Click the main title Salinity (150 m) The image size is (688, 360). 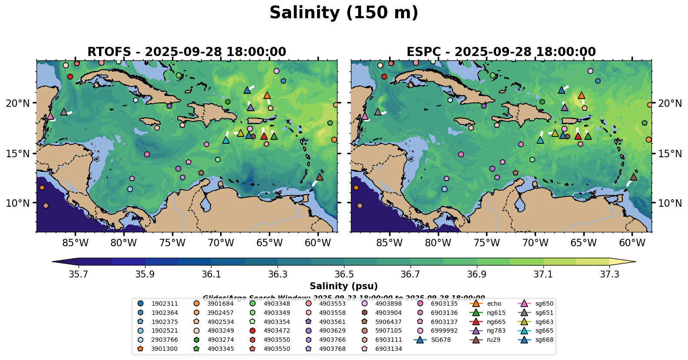(x=344, y=13)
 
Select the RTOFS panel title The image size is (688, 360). (x=187, y=52)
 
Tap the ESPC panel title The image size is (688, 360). (x=501, y=52)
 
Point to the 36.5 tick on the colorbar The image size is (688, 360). (x=344, y=274)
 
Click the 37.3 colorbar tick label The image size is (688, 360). (x=609, y=274)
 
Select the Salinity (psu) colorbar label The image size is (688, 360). (x=344, y=286)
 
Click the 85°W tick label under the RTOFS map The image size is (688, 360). (x=75, y=242)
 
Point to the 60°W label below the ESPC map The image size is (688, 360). (x=632, y=242)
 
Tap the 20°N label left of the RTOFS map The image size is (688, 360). (x=18, y=103)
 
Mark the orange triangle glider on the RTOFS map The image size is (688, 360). (x=267, y=96)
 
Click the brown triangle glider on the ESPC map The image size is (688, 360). (x=634, y=177)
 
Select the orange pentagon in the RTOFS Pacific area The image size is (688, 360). (x=42, y=188)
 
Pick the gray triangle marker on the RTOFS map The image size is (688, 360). (x=64, y=112)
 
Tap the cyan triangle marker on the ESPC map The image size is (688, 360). (x=540, y=140)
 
